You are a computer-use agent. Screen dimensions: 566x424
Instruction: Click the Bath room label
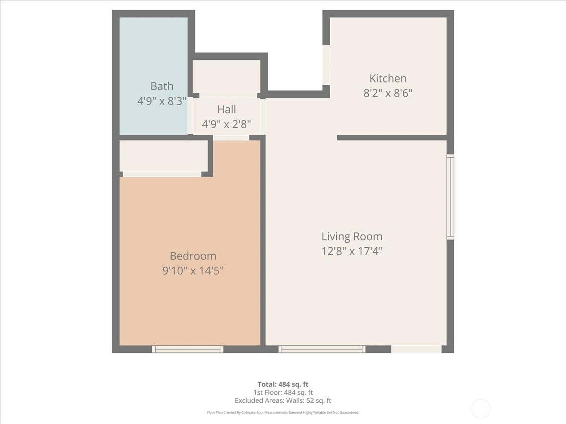click(x=162, y=86)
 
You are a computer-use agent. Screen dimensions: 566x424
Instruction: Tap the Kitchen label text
click(x=388, y=79)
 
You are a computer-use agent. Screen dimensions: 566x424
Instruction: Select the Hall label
click(x=226, y=109)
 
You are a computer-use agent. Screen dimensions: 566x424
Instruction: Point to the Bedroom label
click(x=193, y=256)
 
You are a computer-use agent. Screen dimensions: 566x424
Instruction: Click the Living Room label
click(x=352, y=236)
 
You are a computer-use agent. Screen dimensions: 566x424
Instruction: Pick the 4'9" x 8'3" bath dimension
click(x=162, y=101)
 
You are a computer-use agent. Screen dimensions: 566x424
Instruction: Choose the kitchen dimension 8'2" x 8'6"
click(x=388, y=93)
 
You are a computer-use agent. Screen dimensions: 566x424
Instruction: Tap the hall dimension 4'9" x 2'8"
click(x=226, y=124)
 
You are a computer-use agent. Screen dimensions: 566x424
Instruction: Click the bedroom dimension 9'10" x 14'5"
click(x=193, y=270)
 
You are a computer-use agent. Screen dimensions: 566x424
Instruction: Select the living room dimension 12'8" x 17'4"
click(x=352, y=251)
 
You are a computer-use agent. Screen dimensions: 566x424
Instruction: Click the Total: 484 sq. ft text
click(x=283, y=384)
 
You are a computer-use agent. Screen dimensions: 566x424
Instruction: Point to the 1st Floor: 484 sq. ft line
click(x=283, y=392)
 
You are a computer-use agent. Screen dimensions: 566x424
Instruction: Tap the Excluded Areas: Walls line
click(x=283, y=400)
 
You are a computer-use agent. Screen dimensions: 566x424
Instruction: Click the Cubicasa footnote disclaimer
click(x=283, y=412)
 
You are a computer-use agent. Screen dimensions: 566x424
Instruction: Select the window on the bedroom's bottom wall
click(x=187, y=350)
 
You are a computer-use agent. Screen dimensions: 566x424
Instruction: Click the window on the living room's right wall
click(x=450, y=197)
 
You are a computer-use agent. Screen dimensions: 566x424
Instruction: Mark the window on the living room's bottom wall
click(x=322, y=350)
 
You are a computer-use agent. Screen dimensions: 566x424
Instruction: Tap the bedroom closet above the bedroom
click(x=164, y=156)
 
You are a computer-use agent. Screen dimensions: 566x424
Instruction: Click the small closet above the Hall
click(x=226, y=76)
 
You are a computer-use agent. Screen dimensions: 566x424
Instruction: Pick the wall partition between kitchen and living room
click(x=391, y=138)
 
